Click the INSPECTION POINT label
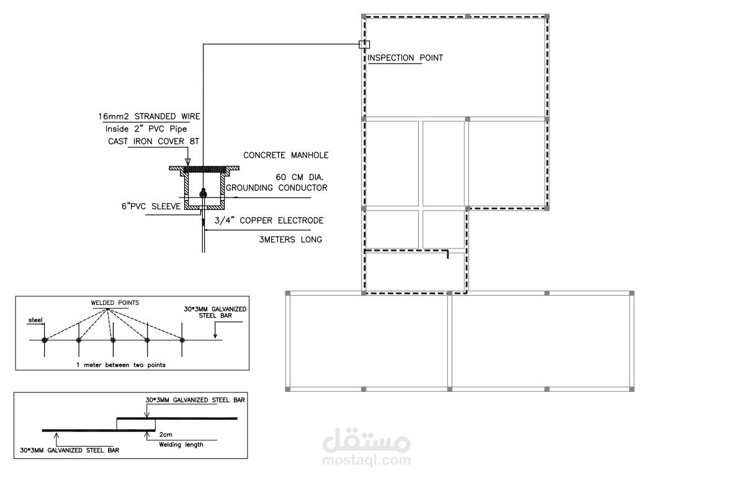pos(405,58)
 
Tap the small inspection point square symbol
pos(364,45)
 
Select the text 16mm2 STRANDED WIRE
pos(149,116)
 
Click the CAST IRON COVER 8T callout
pos(153,141)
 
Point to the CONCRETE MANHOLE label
pos(285,155)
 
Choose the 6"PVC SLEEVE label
pos(151,206)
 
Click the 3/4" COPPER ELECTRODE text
pos(269,220)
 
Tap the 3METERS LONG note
pos(290,240)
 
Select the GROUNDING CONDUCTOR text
pos(277,188)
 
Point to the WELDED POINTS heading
pos(115,302)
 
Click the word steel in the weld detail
pos(35,320)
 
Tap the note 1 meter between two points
pos(121,365)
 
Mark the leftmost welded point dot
pos(45,340)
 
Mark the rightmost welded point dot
pos(182,340)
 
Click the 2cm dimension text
pos(166,434)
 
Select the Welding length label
pos(181,444)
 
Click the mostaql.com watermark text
pos(367,460)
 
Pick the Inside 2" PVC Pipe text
pos(146,129)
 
